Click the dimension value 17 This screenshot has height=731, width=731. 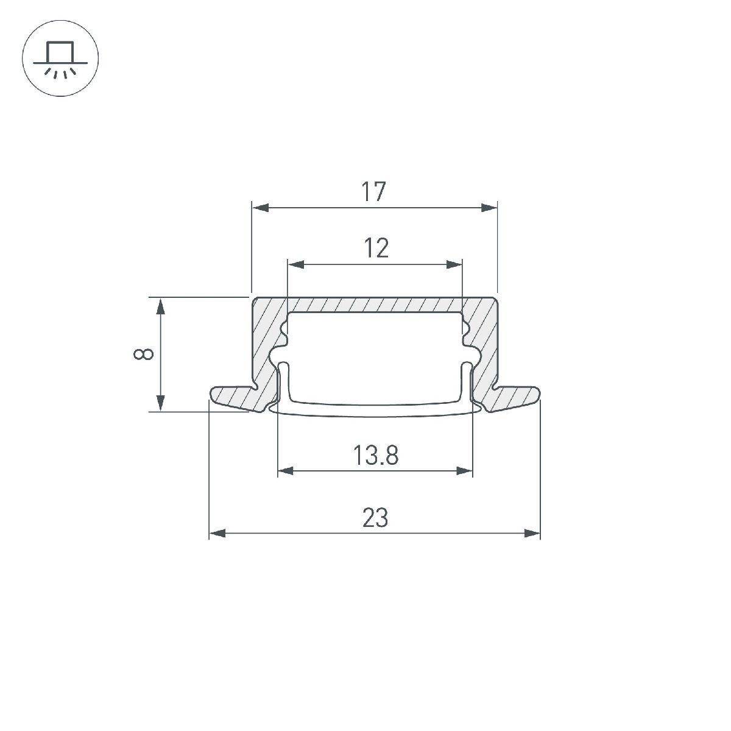coord(374,192)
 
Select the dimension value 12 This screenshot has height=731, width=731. coord(376,249)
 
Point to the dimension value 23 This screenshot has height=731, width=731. coord(375,518)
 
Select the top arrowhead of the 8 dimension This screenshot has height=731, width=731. coord(161,306)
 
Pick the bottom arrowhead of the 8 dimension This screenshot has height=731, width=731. coord(161,403)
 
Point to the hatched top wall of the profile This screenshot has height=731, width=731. coord(375,305)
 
